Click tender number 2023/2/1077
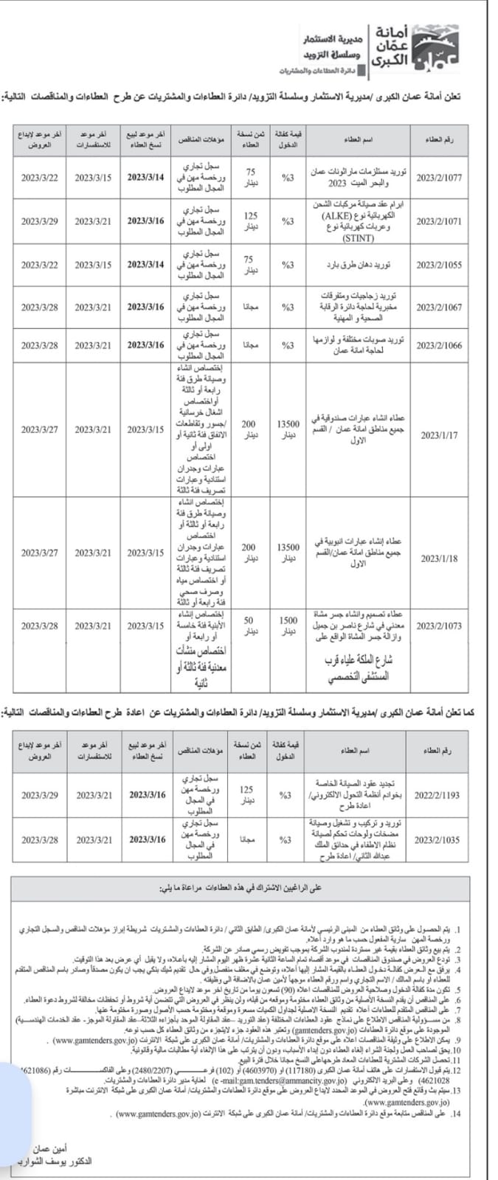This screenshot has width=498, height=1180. pyautogui.click(x=440, y=178)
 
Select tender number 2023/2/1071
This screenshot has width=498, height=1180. pyautogui.click(x=440, y=221)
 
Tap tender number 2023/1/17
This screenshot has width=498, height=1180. pyautogui.click(x=439, y=435)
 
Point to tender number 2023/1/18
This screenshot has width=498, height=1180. pyautogui.click(x=439, y=558)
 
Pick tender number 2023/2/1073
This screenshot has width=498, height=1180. pyautogui.click(x=440, y=625)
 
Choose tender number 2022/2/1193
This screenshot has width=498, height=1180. pyautogui.click(x=437, y=796)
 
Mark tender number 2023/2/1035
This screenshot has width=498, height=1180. pyautogui.click(x=437, y=839)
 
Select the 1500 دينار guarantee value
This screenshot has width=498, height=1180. pyautogui.click(x=288, y=626)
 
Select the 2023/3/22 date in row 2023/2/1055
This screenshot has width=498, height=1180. pyautogui.click(x=40, y=265)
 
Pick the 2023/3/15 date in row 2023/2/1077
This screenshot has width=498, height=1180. pyautogui.click(x=93, y=178)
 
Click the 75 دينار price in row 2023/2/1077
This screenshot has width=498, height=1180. pyautogui.click(x=250, y=178)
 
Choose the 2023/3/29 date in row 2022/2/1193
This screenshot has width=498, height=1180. pyautogui.click(x=40, y=796)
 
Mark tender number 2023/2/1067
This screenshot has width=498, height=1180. pyautogui.click(x=440, y=307)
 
